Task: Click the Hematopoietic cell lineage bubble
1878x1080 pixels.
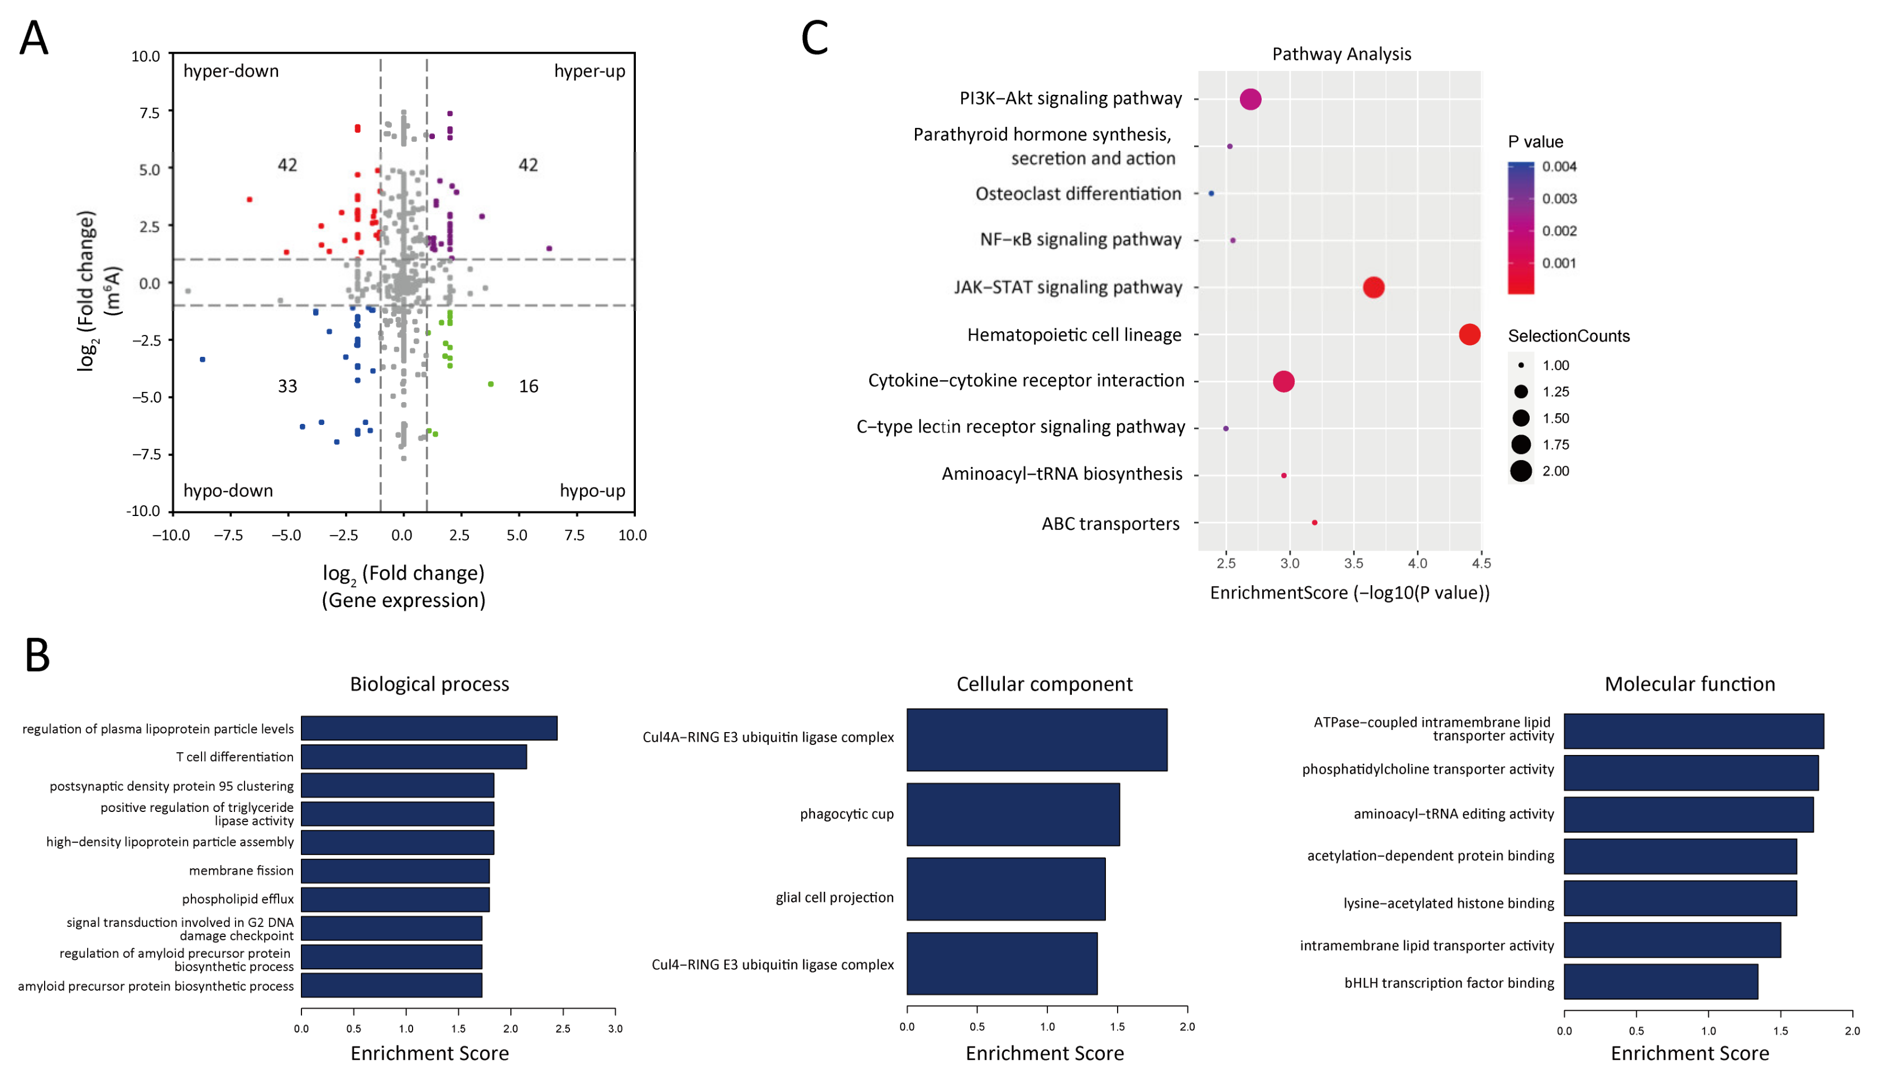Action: point(1469,334)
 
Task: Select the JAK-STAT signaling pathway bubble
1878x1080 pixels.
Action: point(1373,287)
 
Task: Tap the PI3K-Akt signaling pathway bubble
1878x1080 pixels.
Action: point(1250,99)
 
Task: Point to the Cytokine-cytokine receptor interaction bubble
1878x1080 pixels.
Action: point(1283,381)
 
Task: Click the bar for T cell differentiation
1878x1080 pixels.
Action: point(413,757)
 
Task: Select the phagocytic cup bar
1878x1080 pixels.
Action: point(1012,814)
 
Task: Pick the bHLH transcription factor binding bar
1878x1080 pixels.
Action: point(1660,982)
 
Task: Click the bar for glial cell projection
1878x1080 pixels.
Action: point(1005,888)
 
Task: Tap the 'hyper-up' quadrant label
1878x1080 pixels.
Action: point(590,71)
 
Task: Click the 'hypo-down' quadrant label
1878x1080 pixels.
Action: point(228,490)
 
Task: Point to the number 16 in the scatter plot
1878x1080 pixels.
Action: point(528,386)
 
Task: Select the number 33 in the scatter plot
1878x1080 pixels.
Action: point(287,386)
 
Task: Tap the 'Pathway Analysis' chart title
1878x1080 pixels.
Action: point(1341,54)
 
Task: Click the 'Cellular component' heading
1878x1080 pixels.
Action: point(1044,684)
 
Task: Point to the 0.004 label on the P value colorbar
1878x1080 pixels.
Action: point(1559,166)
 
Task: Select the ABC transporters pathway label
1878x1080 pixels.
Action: point(1110,524)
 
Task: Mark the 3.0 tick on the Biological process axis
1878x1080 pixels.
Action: point(615,1029)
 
